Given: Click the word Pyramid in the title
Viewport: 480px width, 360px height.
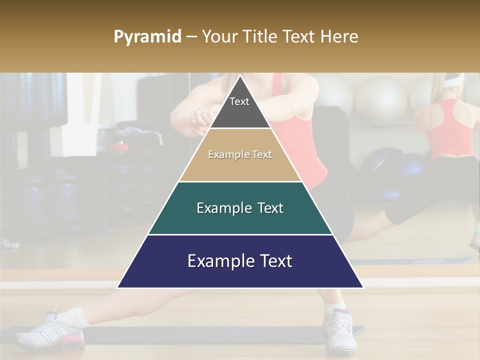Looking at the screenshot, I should [147, 37].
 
